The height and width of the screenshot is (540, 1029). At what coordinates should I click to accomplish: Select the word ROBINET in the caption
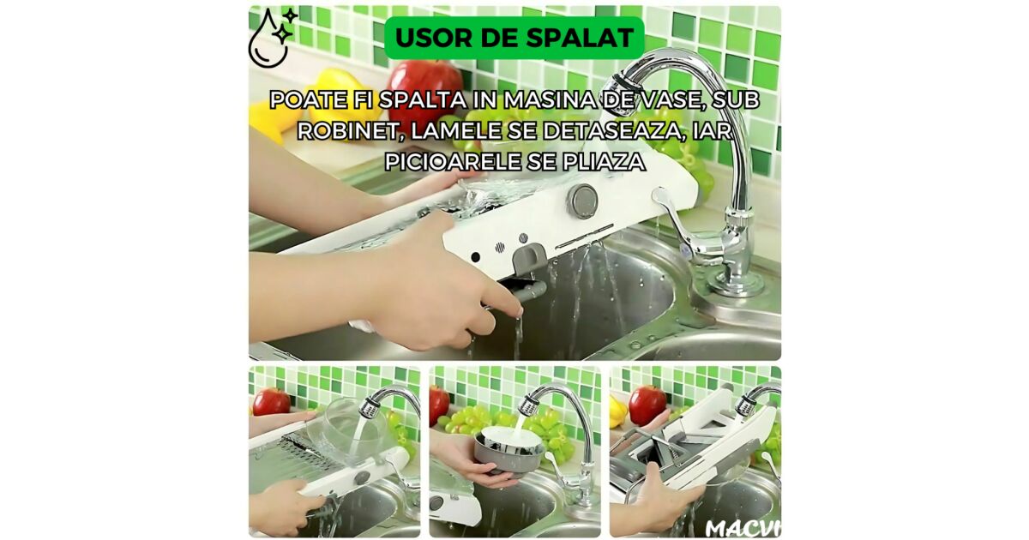(x=348, y=131)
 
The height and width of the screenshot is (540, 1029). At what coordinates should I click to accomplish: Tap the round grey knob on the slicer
(x=582, y=201)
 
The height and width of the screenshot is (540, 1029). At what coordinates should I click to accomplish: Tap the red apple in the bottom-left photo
(x=271, y=402)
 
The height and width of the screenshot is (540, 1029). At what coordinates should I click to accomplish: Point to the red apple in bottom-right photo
(x=647, y=404)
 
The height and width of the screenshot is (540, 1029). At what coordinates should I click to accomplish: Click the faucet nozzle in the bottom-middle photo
(x=528, y=404)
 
